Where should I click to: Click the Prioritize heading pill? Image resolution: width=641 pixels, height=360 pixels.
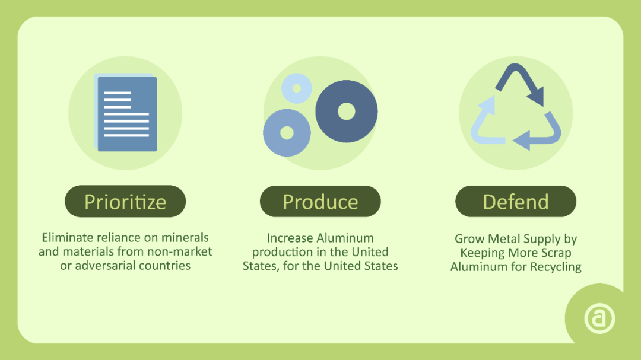click(x=125, y=201)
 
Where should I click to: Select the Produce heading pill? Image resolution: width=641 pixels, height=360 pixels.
click(x=320, y=201)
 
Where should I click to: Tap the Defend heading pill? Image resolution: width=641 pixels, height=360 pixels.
click(x=516, y=201)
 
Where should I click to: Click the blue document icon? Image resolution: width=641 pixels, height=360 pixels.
click(x=126, y=112)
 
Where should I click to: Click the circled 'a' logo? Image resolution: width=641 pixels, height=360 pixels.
click(x=599, y=318)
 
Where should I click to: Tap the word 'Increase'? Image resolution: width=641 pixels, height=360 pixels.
click(x=290, y=238)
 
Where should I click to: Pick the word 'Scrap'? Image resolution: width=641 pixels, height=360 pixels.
click(x=556, y=253)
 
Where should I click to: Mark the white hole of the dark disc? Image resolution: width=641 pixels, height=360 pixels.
click(x=347, y=111)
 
